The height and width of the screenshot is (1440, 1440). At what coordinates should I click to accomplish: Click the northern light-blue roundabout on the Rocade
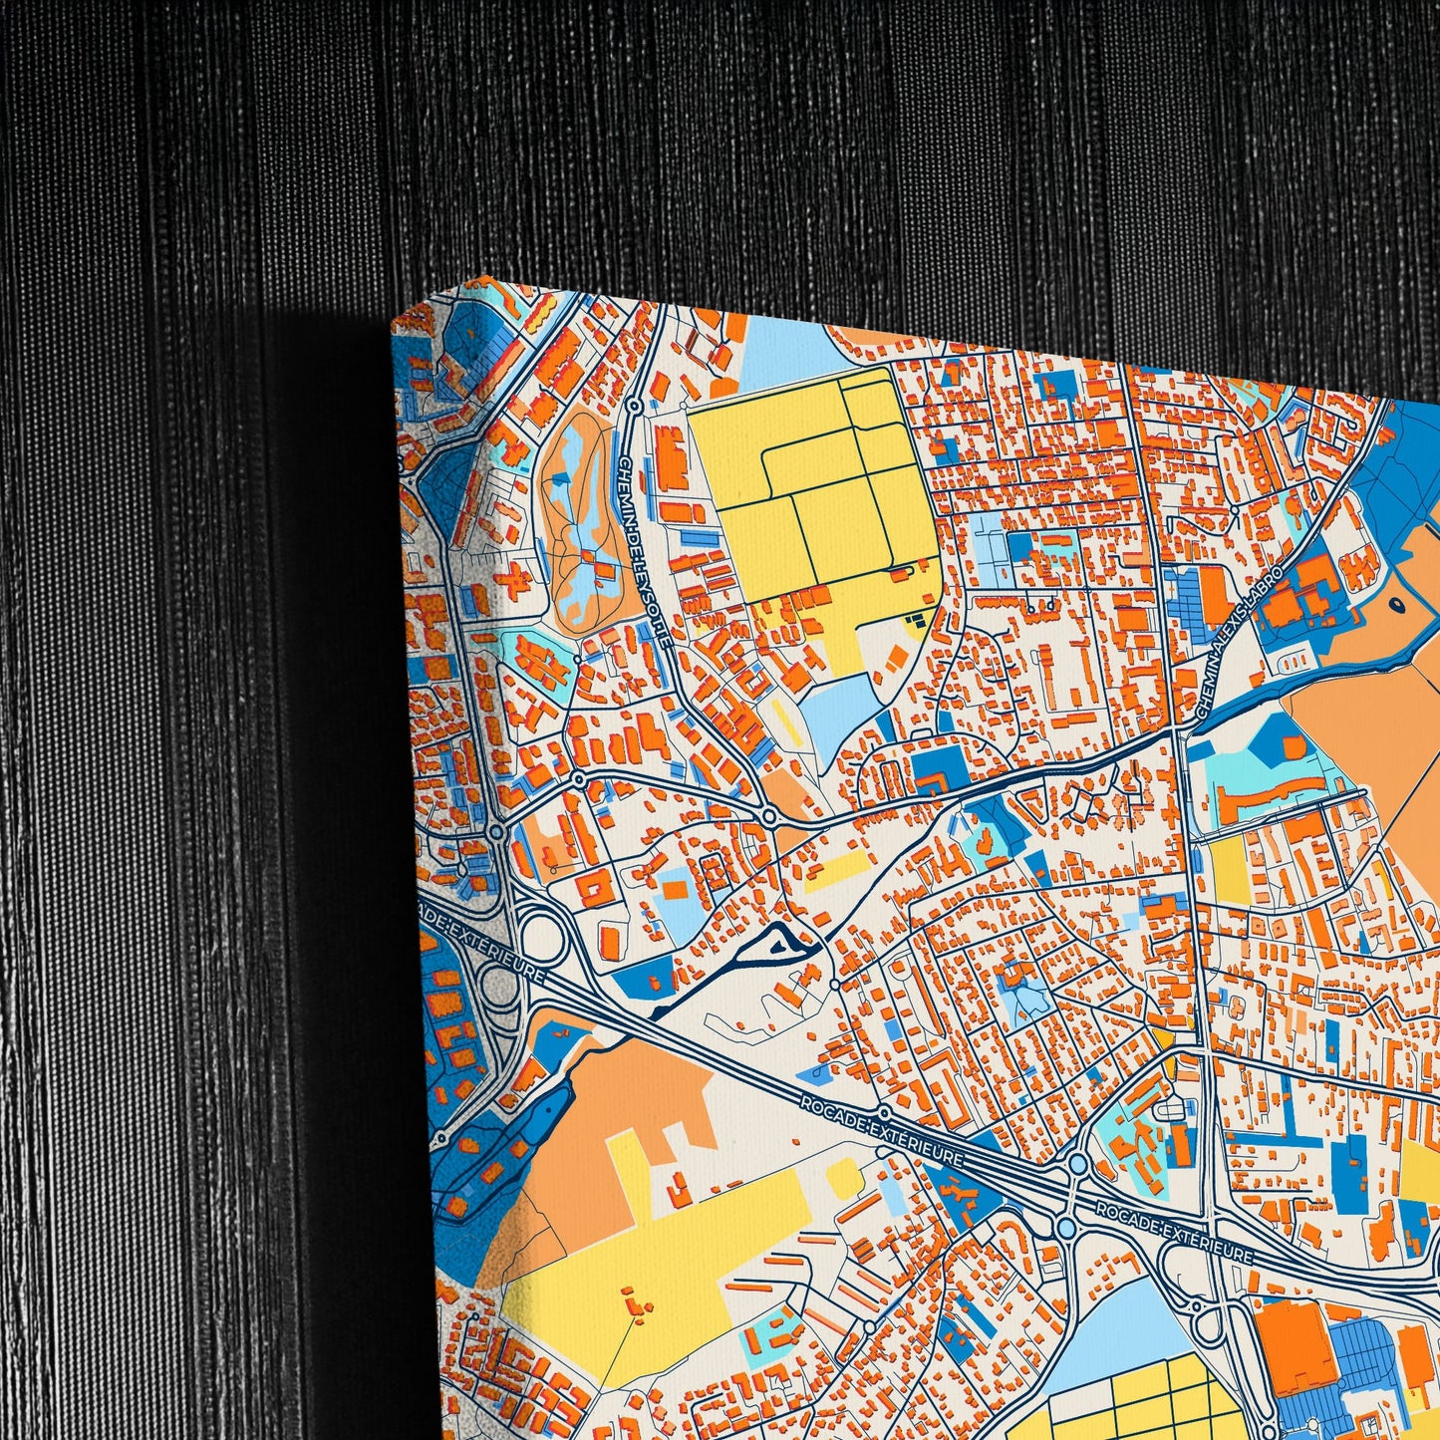coord(1077,1164)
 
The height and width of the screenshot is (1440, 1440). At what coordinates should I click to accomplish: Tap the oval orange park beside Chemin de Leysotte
coord(578,518)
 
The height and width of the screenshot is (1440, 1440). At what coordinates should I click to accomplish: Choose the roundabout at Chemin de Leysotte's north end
coord(634,406)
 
